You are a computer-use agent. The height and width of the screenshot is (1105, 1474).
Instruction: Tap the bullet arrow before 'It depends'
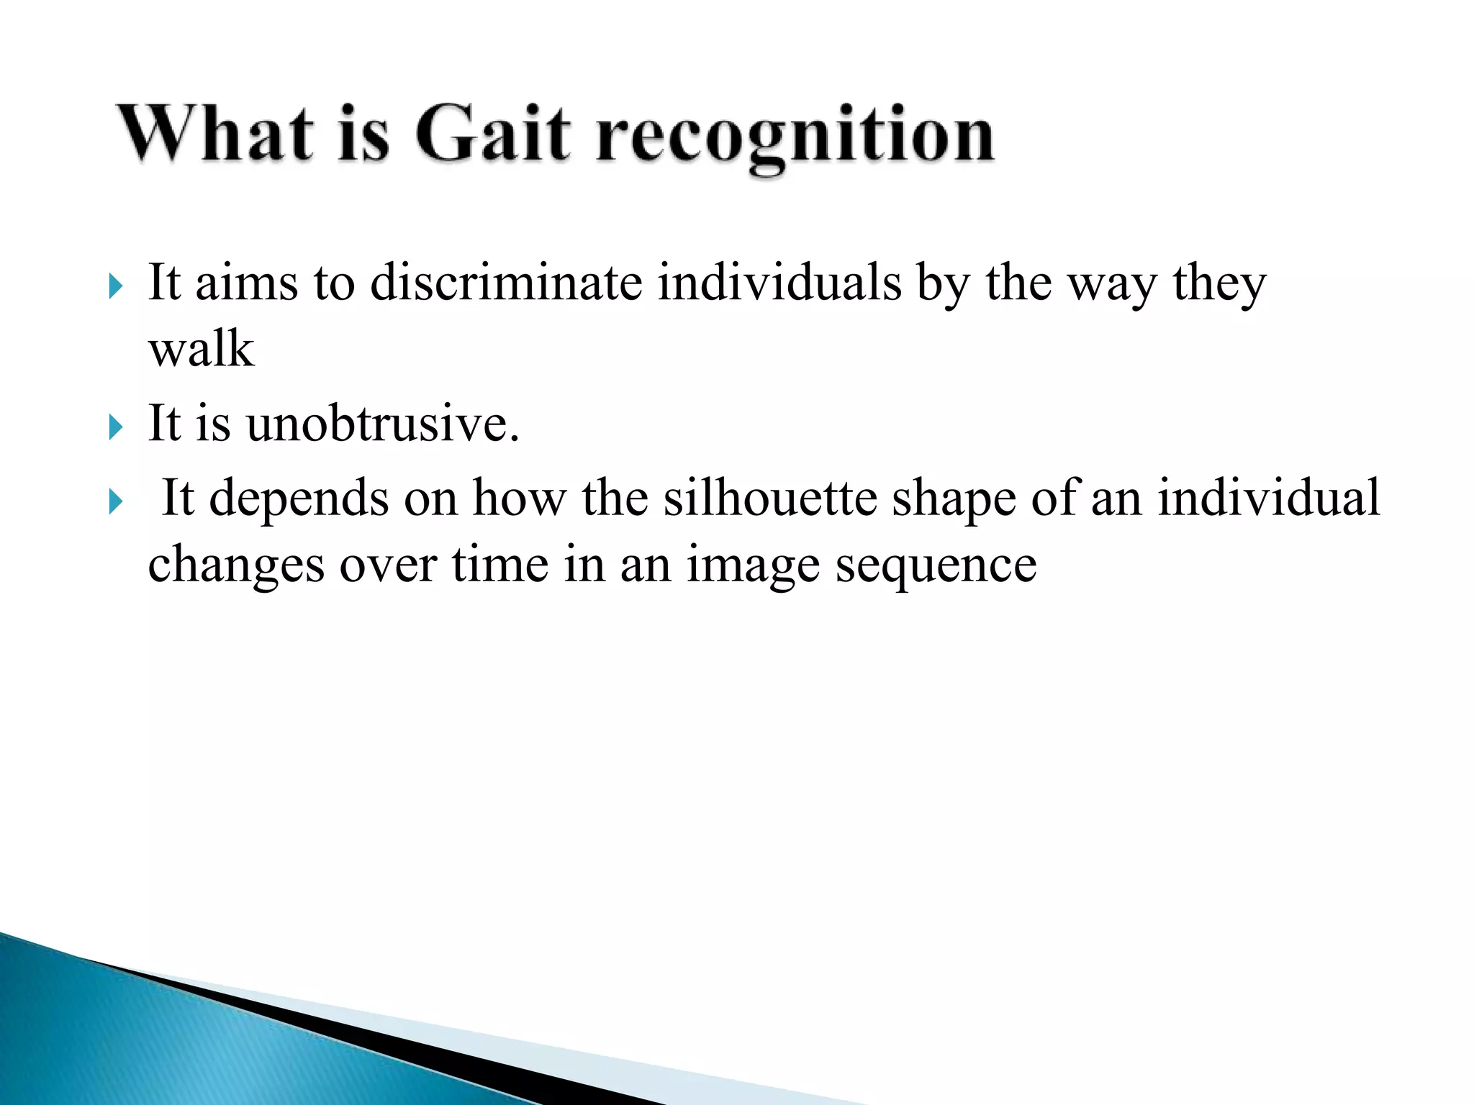point(116,501)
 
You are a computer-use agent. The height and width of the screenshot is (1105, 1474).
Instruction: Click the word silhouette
point(769,497)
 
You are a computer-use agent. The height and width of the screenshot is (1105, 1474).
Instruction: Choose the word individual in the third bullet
point(1269,497)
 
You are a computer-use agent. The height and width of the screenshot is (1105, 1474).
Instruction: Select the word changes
point(236,565)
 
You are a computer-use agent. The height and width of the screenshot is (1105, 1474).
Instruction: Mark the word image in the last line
point(753,565)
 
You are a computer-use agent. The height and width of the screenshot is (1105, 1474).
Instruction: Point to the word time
point(499,564)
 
